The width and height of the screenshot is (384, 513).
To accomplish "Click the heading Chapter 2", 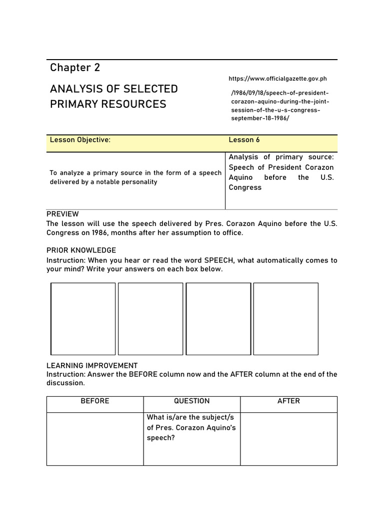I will coord(75,68).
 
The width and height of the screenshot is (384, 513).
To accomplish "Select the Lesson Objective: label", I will coord(80,140).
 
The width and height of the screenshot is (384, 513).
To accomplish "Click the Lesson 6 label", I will coord(244,140).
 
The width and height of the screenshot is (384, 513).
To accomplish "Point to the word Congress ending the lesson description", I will coord(245,187).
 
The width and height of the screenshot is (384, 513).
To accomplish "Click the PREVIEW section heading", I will coord(62,214).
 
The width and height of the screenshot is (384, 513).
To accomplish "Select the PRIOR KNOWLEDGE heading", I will coord(81,250).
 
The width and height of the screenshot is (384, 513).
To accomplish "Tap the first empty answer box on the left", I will coord(83,319).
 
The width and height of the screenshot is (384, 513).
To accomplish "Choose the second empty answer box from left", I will coord(150,319).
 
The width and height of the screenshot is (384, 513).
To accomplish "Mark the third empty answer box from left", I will coord(218,319).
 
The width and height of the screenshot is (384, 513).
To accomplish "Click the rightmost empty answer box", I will coord(286,319).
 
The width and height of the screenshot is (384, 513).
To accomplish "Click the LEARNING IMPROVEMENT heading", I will coord(92,366).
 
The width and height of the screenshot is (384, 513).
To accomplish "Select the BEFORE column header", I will coord(95,401).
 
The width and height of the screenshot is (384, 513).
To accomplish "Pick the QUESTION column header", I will coord(192,401).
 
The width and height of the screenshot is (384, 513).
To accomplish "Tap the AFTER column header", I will coord(288,401).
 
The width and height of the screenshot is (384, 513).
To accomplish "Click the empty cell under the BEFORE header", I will coord(95,439).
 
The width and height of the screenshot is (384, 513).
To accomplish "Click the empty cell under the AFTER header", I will coord(288,439).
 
